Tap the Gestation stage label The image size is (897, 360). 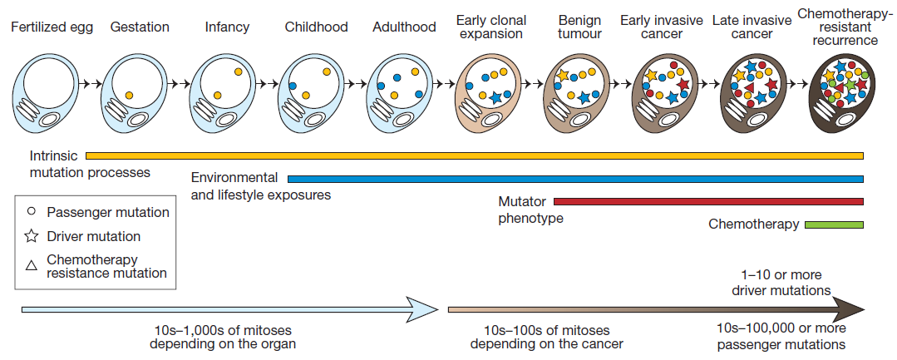point(140,27)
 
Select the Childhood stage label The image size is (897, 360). point(316,27)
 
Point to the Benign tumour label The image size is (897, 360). point(579,27)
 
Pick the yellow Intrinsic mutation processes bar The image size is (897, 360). point(474,155)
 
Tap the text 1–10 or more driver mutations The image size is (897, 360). point(781,283)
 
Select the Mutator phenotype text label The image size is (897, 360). point(530,210)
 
